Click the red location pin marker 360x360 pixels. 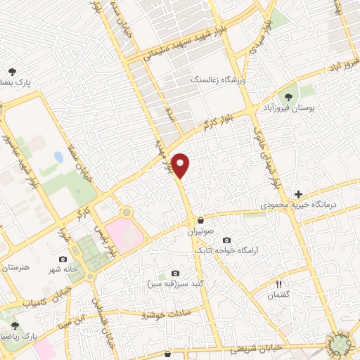(x=181, y=165)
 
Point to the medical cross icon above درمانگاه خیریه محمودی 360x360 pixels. (x=299, y=194)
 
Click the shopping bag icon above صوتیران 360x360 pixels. (x=200, y=219)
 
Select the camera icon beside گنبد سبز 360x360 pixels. (x=175, y=274)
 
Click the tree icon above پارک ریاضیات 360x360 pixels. (x=15, y=326)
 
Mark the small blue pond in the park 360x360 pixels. (x=58, y=157)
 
